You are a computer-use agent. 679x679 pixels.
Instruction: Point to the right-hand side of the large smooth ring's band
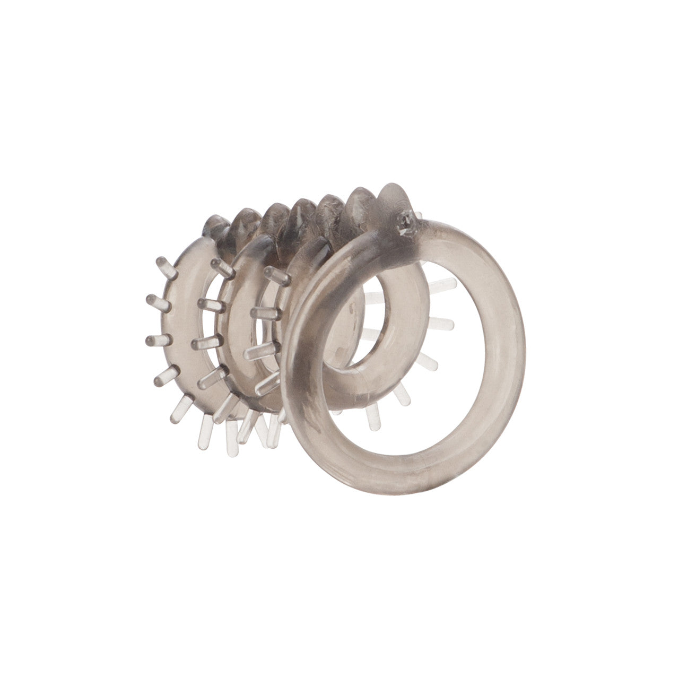pyautogui.click(x=512, y=339)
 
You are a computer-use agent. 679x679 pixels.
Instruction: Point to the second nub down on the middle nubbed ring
pyautogui.click(x=210, y=304)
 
